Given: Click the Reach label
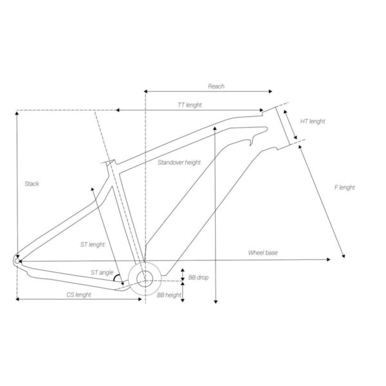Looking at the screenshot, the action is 216,86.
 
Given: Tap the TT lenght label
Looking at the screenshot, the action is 190,105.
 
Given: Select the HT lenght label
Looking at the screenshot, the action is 313,122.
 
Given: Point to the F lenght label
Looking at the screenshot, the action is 344,188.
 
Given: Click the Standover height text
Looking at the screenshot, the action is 179,163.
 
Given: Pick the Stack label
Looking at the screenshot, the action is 32,183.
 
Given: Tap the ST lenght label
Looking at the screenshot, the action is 92,244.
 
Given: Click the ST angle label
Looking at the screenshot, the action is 102,273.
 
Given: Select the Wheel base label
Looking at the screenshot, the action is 262,253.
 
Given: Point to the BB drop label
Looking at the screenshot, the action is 198,277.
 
